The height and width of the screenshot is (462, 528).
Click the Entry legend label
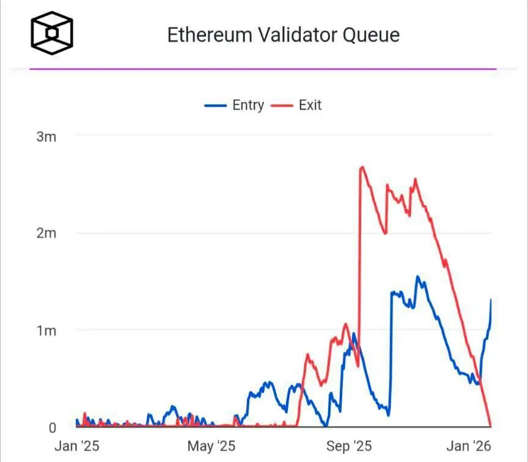coord(248,105)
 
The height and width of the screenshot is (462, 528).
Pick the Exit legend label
coord(310,105)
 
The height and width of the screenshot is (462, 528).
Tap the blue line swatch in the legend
coord(216,106)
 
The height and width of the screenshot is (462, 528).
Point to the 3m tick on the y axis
coord(46,136)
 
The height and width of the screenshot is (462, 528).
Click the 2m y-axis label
coord(46,233)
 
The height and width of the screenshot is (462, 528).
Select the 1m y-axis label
coord(46,331)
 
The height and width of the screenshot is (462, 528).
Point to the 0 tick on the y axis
coord(52,428)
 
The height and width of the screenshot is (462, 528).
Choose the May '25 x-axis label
coord(211,446)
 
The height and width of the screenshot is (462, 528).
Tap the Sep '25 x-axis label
coord(349,446)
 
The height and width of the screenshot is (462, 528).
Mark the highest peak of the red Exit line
coord(362,167)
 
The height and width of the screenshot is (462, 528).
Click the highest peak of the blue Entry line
coord(418,277)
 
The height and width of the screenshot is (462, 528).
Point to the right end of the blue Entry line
coord(491,299)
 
